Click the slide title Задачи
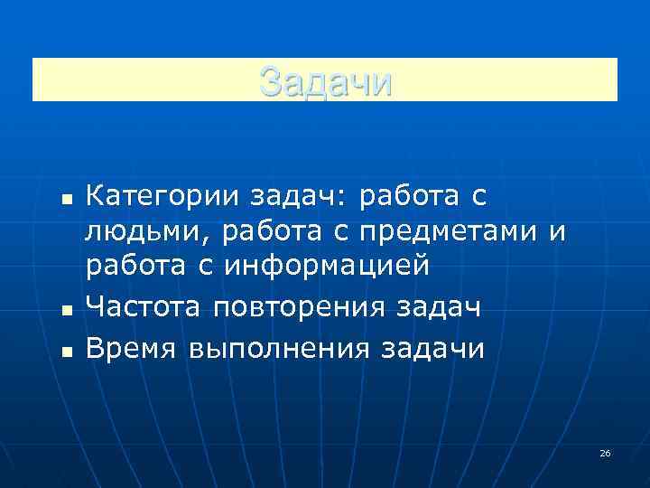[325, 82]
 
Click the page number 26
[605, 453]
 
